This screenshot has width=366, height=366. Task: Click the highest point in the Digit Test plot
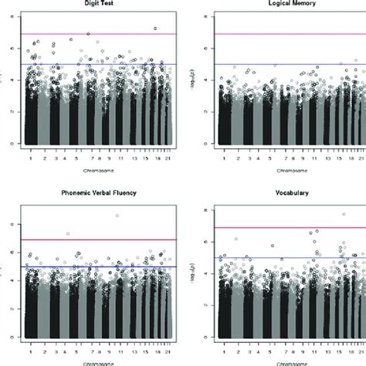coord(156,29)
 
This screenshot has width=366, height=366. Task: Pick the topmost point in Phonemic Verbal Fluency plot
coord(117,216)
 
